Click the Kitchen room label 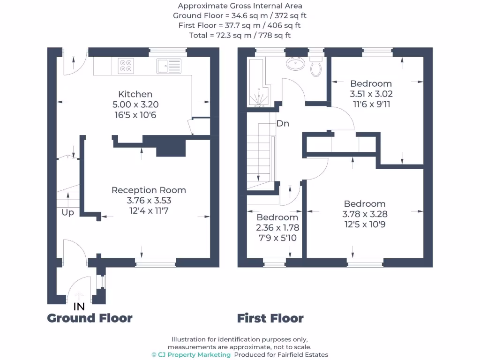click(135, 94)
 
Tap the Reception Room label click(149, 190)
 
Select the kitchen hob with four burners click(126, 66)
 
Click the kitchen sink click(169, 66)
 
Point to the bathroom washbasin click(295, 64)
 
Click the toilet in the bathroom click(316, 66)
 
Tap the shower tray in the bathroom click(259, 82)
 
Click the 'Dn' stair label click(283, 123)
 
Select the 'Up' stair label click(67, 212)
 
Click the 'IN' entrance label click(79, 307)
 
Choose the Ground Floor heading click(90, 318)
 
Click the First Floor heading click(270, 318)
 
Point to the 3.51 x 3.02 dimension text click(371, 94)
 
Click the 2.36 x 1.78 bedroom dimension click(277, 228)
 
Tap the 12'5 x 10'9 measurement click(365, 225)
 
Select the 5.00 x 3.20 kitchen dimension click(135, 105)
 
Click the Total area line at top click(240, 36)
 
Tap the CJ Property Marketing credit click(191, 354)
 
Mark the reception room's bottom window click(156, 262)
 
